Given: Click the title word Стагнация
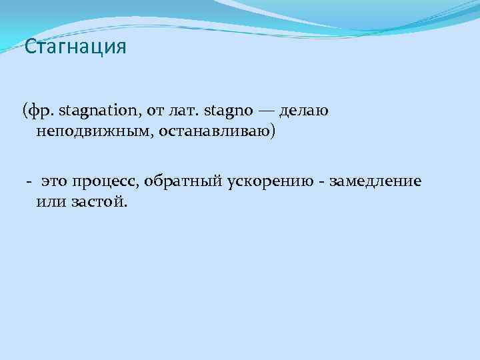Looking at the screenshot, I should [x=75, y=47].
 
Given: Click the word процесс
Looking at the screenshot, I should [x=102, y=181].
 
